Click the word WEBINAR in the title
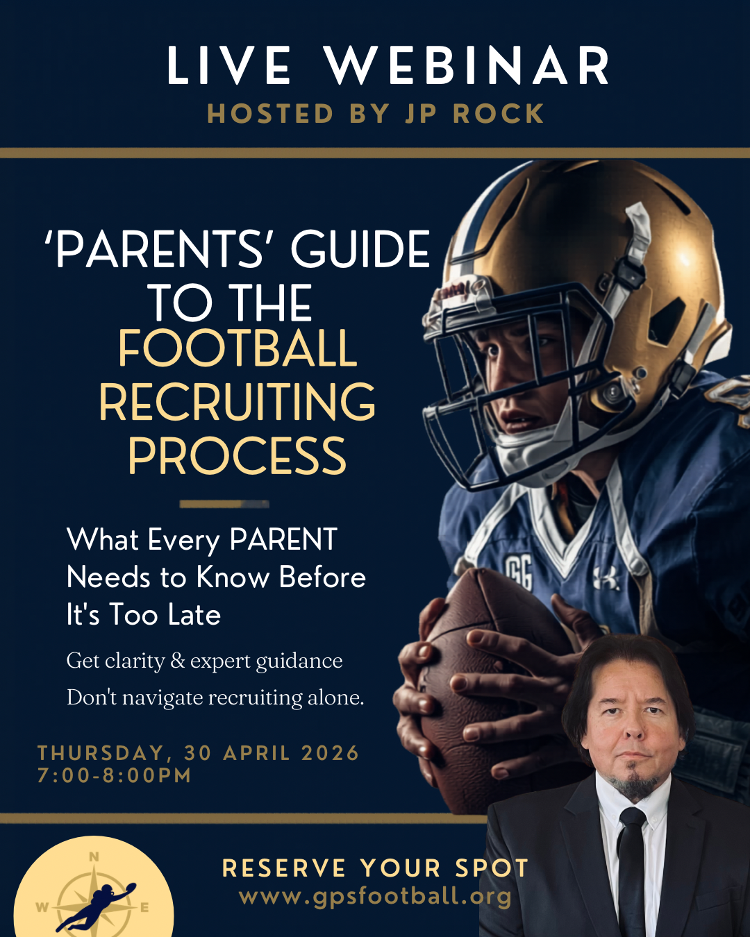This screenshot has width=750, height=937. point(467,67)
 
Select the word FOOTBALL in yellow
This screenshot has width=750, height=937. point(237,348)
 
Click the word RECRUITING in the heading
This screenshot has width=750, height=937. point(237,403)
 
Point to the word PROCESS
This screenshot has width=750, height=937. point(237,456)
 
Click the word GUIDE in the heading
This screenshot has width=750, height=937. point(360,249)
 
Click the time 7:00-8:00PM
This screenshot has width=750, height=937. point(115,775)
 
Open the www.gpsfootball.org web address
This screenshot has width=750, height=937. point(375,896)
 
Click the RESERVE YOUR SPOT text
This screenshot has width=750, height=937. point(375,868)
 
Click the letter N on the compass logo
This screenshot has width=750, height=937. point(94,857)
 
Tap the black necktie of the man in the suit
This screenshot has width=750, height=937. point(631,868)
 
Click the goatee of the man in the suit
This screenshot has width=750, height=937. point(633,783)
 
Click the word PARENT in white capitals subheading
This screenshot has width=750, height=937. point(283,540)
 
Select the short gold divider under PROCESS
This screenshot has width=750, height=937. point(224,504)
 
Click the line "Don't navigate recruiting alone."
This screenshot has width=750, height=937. point(215,698)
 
